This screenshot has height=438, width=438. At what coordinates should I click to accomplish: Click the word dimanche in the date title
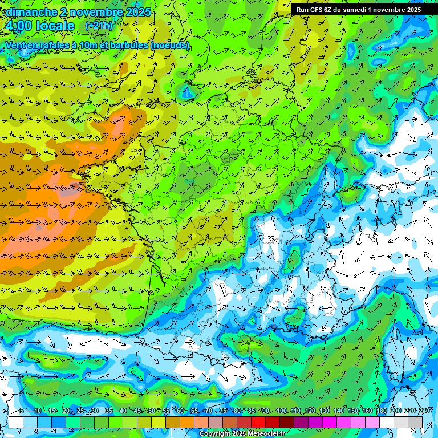31,12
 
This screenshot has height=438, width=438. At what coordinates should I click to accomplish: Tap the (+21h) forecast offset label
99,25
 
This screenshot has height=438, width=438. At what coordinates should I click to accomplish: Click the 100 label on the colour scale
281,411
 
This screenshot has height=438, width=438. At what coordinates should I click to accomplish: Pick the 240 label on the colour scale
424,411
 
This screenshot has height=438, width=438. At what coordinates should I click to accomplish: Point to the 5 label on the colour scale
22,411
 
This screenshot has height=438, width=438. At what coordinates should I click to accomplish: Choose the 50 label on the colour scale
152,411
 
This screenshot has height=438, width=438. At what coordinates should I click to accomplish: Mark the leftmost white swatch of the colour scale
16,422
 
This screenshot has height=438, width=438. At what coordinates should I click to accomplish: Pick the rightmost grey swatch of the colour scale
415,422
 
